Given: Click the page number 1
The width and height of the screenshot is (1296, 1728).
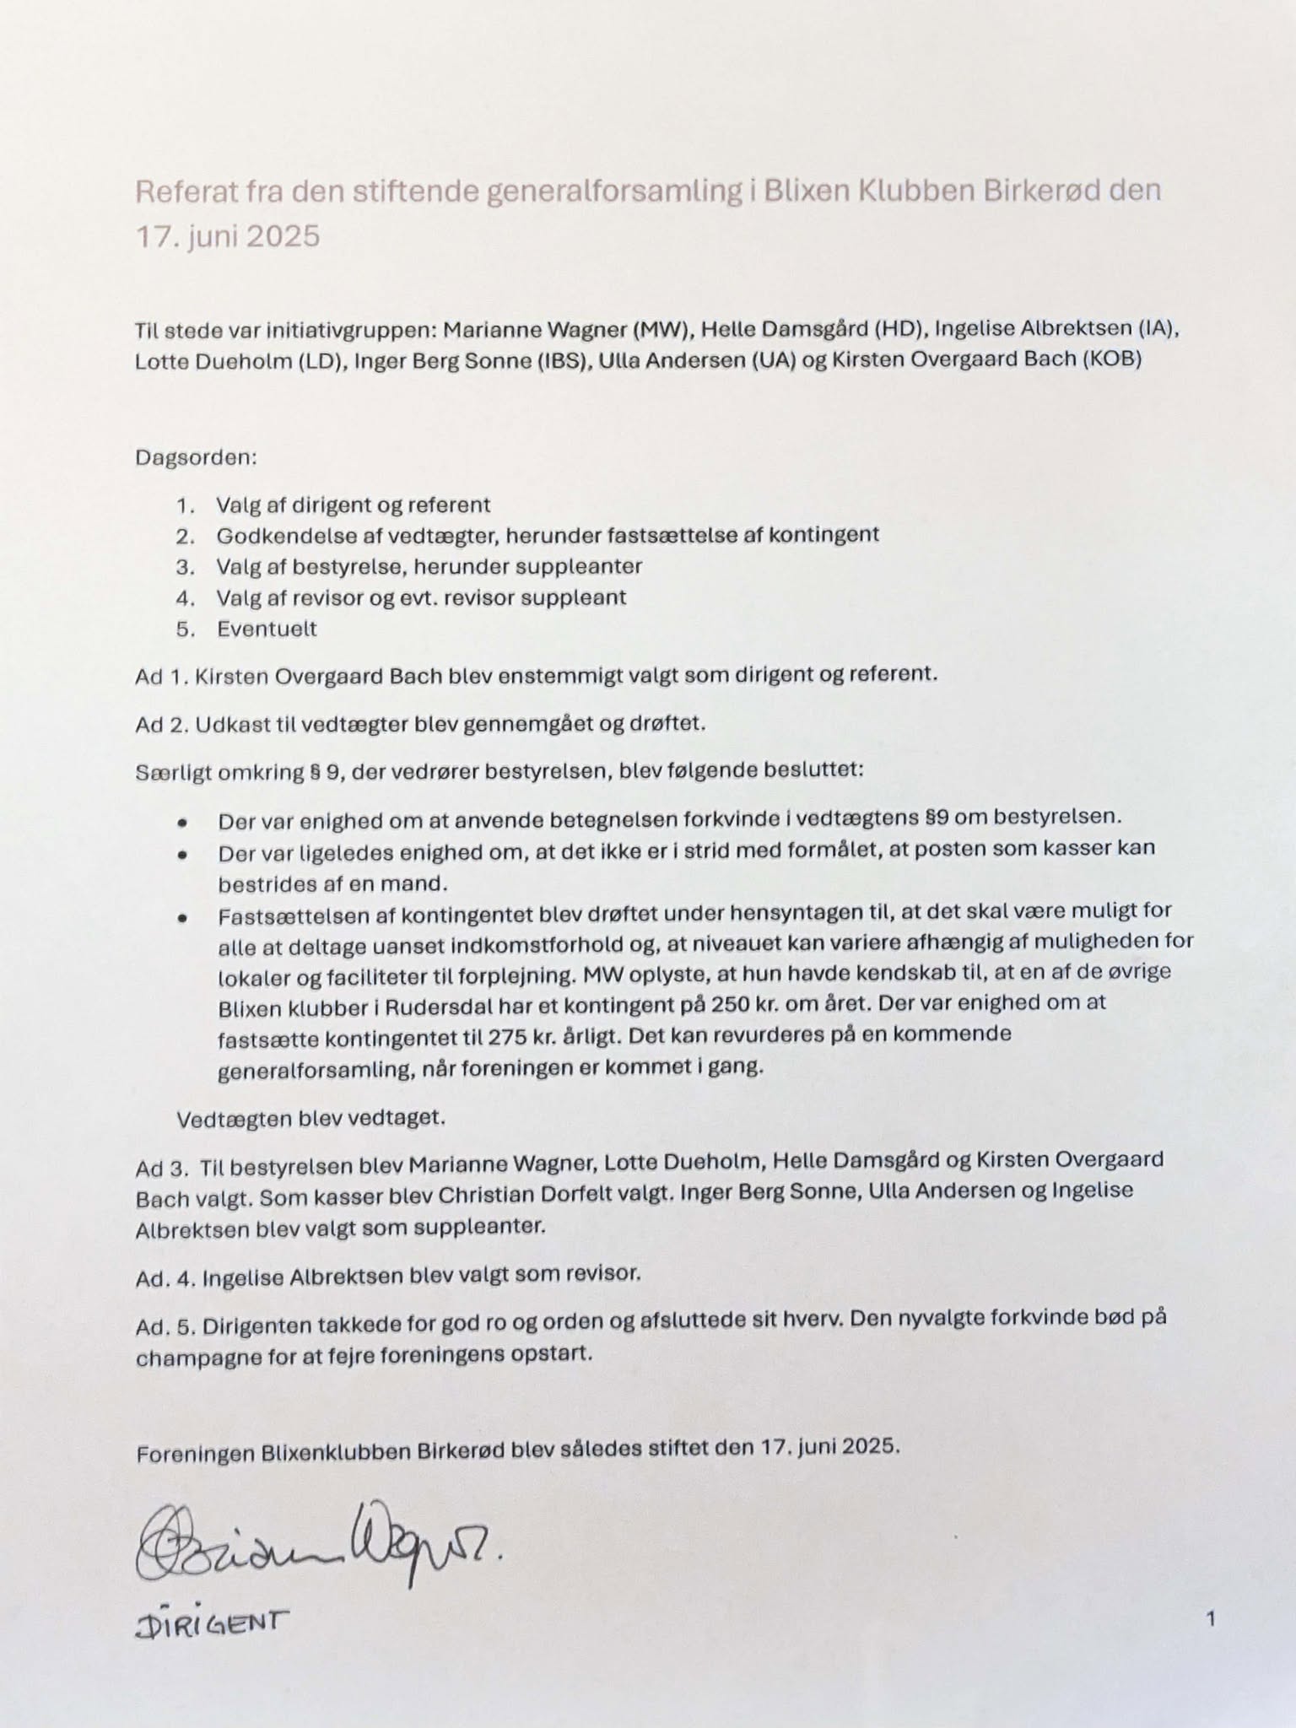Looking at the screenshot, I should click(x=1211, y=1619).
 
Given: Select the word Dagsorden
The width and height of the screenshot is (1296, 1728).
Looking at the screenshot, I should click(x=195, y=458).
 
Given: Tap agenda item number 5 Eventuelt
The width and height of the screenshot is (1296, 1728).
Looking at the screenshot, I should click(x=266, y=629).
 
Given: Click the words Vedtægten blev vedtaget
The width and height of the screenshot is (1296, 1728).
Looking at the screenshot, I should click(x=310, y=1119).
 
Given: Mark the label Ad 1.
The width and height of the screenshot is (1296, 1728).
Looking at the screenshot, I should click(x=160, y=676).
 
